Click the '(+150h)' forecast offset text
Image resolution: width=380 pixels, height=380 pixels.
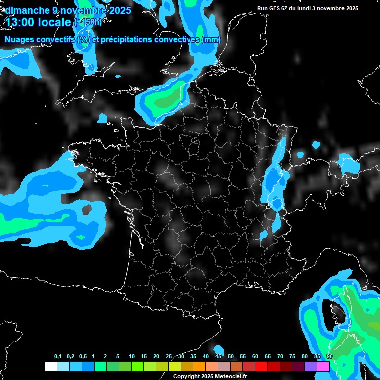click(x=88, y=22)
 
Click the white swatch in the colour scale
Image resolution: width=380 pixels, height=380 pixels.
click(x=51, y=366)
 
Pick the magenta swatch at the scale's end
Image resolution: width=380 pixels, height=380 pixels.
click(x=323, y=366)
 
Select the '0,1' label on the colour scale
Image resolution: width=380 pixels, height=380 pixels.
click(x=57, y=357)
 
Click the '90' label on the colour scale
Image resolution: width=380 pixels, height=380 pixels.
click(x=330, y=357)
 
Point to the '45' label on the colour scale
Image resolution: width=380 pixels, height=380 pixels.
click(x=218, y=357)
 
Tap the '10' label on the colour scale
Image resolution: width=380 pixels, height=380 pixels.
click(x=131, y=357)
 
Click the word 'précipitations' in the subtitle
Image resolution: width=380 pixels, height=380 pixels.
click(x=127, y=40)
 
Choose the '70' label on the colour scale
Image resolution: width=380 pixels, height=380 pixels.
click(x=280, y=357)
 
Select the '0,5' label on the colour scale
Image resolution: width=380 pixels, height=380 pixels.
click(x=83, y=357)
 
